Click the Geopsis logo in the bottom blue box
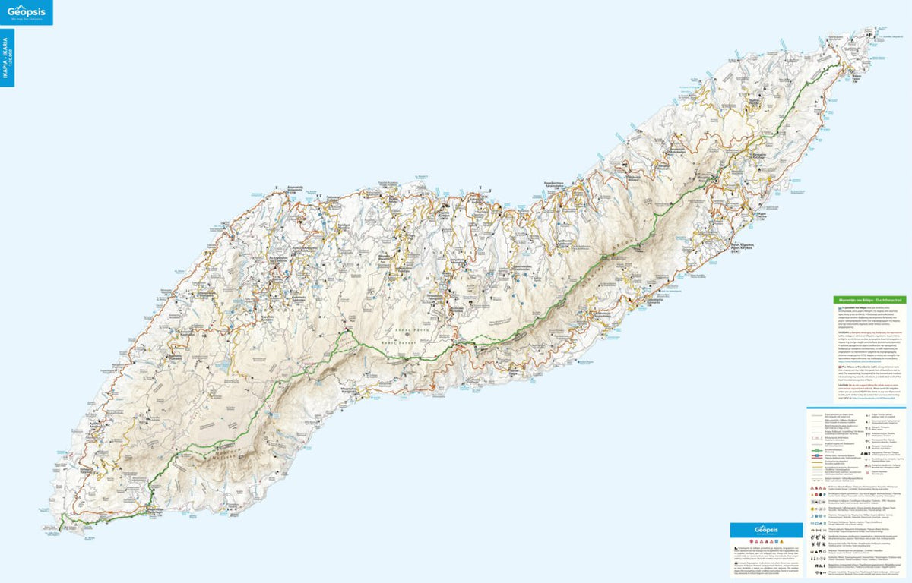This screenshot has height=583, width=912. point(765,529)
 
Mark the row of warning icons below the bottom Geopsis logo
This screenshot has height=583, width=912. point(765,539)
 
